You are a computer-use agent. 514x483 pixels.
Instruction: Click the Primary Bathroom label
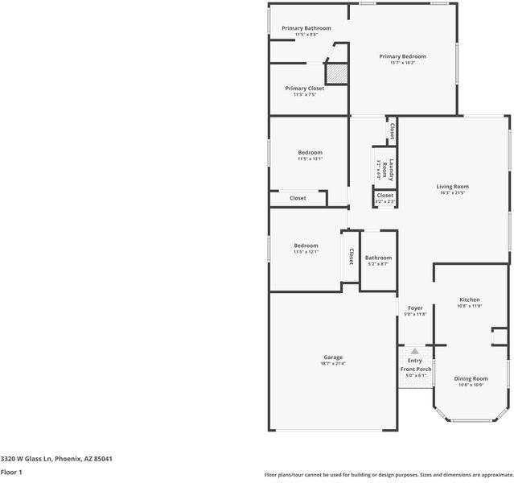pyautogui.click(x=306, y=28)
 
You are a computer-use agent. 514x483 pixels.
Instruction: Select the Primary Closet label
pyautogui.click(x=305, y=88)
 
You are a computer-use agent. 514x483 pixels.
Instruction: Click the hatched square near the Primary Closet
pyautogui.click(x=337, y=73)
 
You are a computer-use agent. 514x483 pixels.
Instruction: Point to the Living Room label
pyautogui.click(x=453, y=186)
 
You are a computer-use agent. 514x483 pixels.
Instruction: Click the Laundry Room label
pyautogui.click(x=384, y=168)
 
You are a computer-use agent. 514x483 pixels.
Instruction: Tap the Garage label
pyautogui.click(x=333, y=357)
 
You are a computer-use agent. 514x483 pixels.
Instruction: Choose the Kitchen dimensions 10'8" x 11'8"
pyautogui.click(x=469, y=306)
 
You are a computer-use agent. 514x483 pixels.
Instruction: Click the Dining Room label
pyautogui.click(x=471, y=378)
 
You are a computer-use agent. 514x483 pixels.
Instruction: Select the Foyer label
pyautogui.click(x=415, y=308)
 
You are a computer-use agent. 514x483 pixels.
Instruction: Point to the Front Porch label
pyautogui.click(x=416, y=369)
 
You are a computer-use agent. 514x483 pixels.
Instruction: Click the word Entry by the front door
pyautogui.click(x=415, y=360)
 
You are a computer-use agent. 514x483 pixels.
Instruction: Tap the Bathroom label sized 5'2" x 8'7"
pyautogui.click(x=378, y=258)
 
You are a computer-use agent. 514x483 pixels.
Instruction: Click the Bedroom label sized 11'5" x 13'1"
pyautogui.click(x=310, y=152)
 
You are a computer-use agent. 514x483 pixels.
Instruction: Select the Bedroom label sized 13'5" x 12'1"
pyautogui.click(x=306, y=246)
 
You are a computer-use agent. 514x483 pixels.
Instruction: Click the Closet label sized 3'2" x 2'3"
pyautogui.click(x=385, y=195)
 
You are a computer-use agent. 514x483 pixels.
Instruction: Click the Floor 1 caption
pyautogui.click(x=11, y=472)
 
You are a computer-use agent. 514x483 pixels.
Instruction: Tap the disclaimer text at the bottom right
pyautogui.click(x=389, y=475)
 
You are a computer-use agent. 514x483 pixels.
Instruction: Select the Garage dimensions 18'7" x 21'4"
pyautogui.click(x=333, y=364)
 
